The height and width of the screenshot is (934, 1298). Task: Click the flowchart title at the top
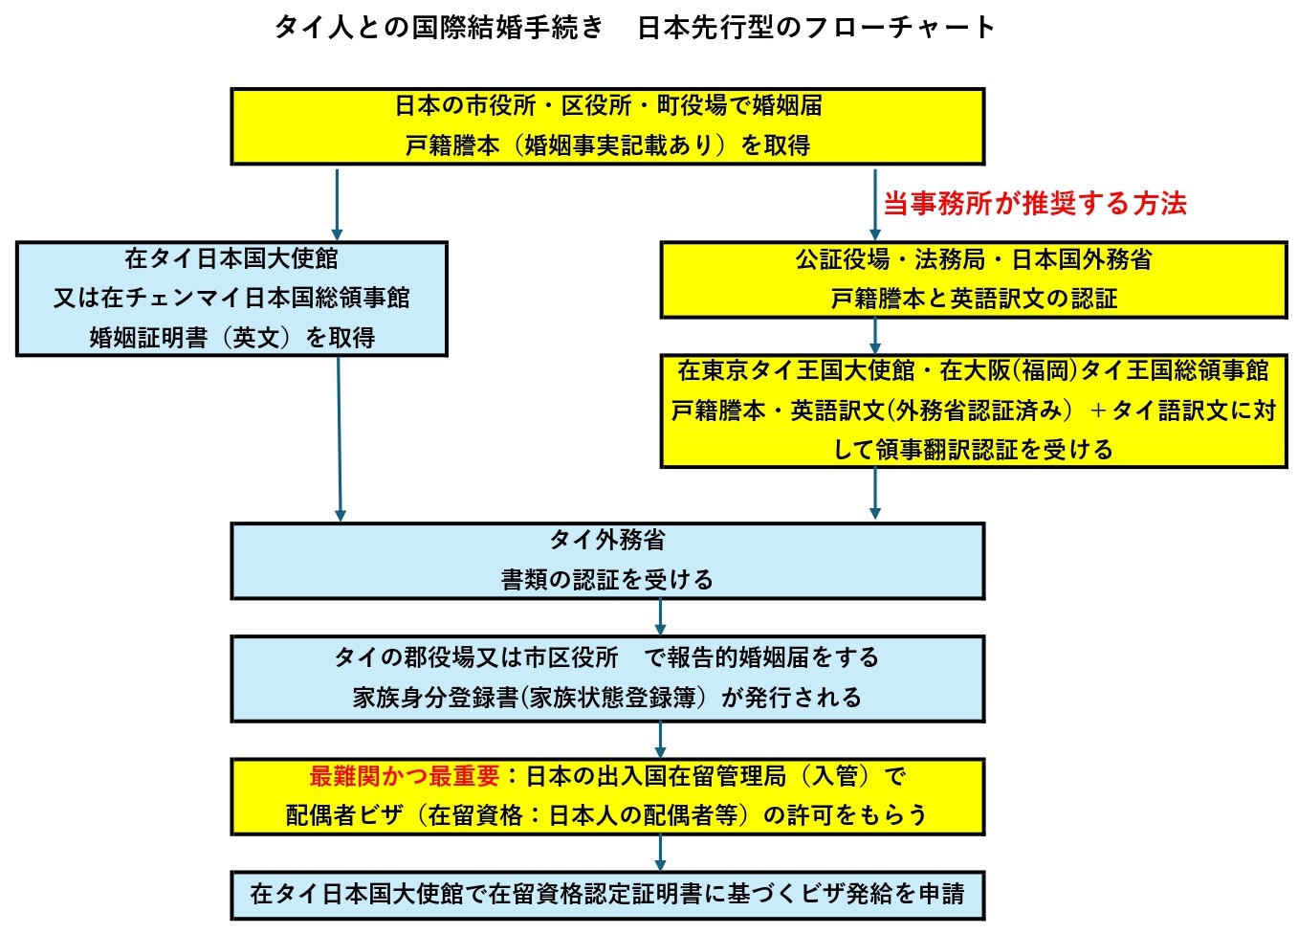pos(634,27)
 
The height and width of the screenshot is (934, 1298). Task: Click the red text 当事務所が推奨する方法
pos(1034,203)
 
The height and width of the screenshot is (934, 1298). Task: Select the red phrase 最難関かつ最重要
pos(404,776)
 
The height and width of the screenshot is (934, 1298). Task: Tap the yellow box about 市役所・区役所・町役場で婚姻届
pos(607,126)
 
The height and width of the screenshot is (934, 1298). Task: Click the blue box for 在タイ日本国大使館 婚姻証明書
pos(231,299)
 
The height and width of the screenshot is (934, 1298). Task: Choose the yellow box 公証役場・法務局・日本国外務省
pos(973,279)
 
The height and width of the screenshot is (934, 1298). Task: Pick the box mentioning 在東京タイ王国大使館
pos(973,410)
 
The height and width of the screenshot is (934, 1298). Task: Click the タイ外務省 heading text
pos(607,541)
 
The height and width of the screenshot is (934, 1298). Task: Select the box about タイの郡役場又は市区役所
pos(607,678)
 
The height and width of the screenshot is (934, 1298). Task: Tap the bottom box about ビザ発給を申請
pos(607,894)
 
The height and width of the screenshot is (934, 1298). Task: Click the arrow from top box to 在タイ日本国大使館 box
pos(337,203)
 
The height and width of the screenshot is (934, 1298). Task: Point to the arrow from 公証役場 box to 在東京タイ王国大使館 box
pos(874,336)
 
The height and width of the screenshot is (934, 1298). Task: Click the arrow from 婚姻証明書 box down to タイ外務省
pos(340,438)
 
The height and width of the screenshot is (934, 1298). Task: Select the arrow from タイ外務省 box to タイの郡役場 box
pos(660,617)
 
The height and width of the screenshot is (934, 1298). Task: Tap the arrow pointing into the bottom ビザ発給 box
pos(660,852)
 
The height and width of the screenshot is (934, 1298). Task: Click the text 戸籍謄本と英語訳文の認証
pos(973,300)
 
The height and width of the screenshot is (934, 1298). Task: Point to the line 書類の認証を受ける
pos(607,580)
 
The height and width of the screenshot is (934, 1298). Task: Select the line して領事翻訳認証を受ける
pos(973,450)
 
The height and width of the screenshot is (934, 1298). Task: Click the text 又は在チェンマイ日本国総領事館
pos(231,299)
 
